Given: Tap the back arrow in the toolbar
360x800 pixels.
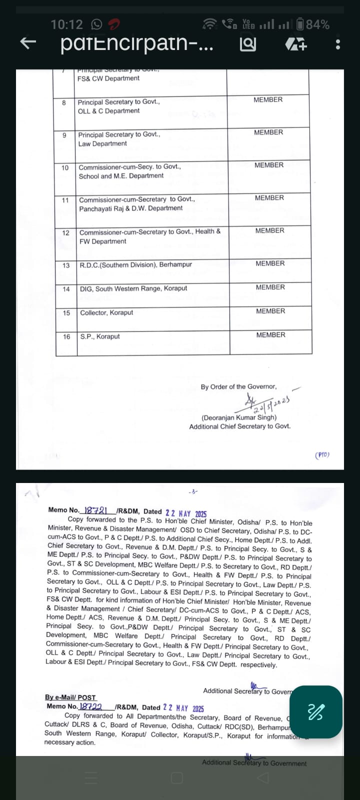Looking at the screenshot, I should point(28,43).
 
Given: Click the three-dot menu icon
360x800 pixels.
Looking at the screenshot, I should point(338,44).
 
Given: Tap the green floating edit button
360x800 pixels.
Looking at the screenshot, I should point(315,711).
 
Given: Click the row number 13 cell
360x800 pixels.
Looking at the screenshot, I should point(66,265).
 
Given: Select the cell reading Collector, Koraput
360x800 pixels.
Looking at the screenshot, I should point(106,312).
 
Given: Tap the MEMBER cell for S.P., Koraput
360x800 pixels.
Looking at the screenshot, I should point(270,335).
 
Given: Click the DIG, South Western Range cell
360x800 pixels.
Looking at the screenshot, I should point(133,288).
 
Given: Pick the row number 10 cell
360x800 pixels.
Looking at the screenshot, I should point(65,167).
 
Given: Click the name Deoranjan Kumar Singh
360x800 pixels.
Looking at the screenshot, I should point(239,417).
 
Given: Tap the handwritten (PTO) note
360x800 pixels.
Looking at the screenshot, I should point(322,455).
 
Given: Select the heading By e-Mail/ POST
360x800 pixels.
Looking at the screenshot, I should point(70,697).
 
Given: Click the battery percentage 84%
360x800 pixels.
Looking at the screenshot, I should point(317,24).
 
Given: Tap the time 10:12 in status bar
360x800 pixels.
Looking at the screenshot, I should point(66,24).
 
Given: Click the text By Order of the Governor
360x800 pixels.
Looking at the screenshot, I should point(238,386).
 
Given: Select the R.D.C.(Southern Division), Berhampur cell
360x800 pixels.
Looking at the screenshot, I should point(135,264).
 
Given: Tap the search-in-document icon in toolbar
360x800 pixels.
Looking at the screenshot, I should point(248,44).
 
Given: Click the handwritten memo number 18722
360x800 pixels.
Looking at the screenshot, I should point(91,706).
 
